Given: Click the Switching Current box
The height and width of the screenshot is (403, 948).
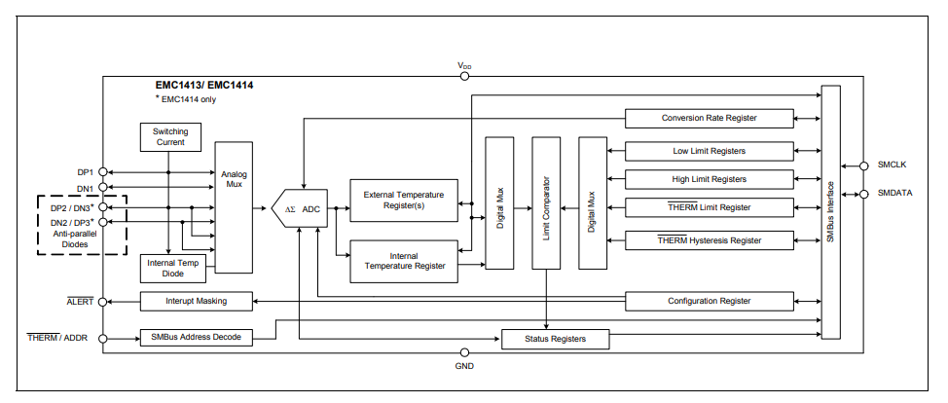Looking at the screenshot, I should click(170, 137).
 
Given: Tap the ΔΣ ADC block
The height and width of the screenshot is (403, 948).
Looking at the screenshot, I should click(303, 209).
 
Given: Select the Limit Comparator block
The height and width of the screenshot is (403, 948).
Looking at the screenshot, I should click(546, 202).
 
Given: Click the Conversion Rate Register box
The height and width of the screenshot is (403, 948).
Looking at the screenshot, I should click(709, 118).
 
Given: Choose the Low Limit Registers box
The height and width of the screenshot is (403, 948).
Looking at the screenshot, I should click(709, 151).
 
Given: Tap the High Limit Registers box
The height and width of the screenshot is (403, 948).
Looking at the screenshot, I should click(709, 179).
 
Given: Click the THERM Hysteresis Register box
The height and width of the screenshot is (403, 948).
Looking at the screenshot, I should click(709, 240).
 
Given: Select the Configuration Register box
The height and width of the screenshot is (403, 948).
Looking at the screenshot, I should click(709, 301).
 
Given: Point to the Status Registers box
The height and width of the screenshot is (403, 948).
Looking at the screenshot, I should click(555, 339).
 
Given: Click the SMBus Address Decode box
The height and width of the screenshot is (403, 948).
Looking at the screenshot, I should click(197, 338).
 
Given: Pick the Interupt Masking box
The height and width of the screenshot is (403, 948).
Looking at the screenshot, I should click(197, 301).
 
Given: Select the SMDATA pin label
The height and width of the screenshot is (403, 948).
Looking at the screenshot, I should click(894, 193).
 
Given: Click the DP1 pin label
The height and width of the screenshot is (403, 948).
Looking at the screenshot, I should click(85, 172).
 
